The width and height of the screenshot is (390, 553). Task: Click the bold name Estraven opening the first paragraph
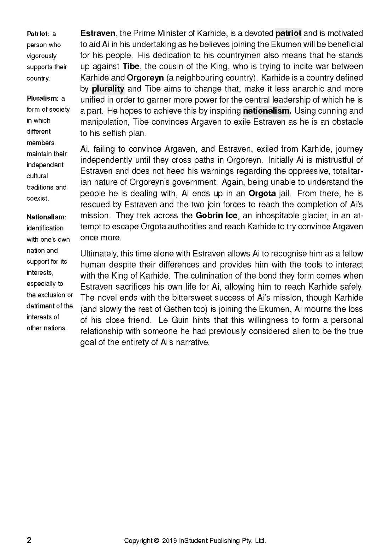click(x=98, y=33)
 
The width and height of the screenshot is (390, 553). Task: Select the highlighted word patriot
click(x=288, y=33)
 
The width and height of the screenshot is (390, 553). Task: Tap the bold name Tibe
click(x=131, y=67)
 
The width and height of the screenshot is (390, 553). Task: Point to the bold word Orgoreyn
click(x=145, y=78)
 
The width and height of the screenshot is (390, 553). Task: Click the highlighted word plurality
click(x=108, y=89)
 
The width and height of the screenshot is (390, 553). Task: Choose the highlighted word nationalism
click(x=267, y=111)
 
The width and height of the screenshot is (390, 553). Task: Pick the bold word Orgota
click(x=262, y=194)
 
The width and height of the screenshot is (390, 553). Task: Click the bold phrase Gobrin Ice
click(x=216, y=216)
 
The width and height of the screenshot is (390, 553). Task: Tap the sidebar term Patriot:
click(x=38, y=34)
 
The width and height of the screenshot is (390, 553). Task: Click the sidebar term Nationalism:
click(x=46, y=217)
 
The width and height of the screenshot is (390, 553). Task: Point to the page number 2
click(x=29, y=540)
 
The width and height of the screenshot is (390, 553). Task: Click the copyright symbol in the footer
click(x=156, y=541)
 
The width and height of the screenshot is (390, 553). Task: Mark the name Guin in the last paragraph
click(x=180, y=320)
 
